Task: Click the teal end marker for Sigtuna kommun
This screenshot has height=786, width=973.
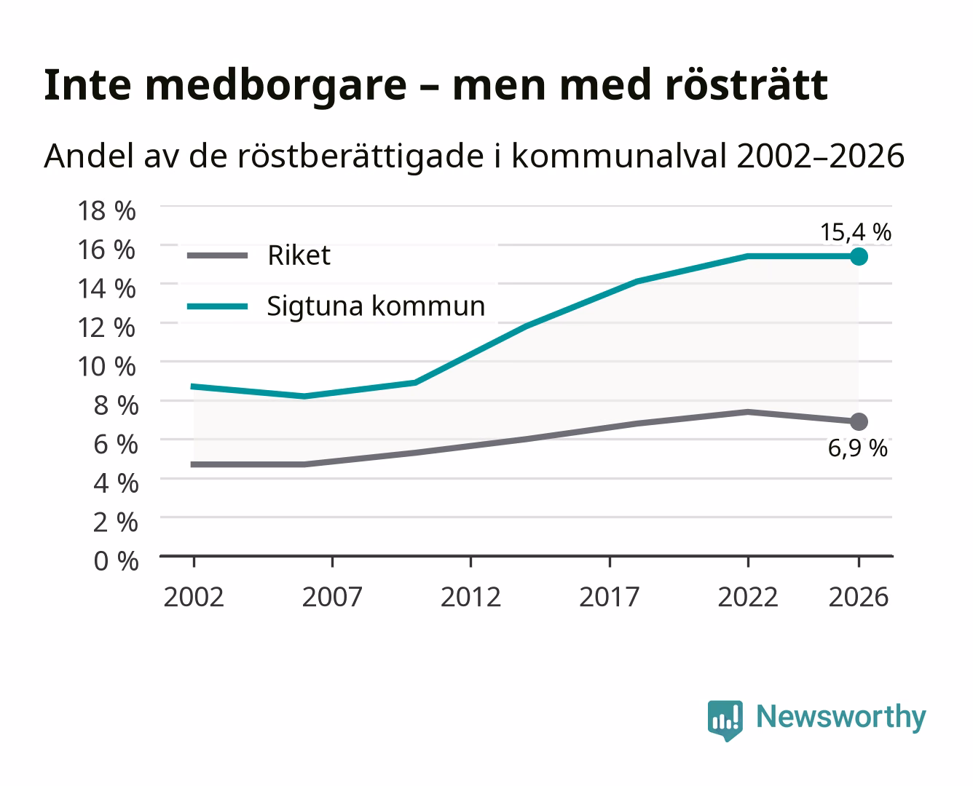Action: point(859,256)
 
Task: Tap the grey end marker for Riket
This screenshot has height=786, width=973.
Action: point(859,422)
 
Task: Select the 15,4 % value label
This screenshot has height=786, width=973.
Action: point(856,232)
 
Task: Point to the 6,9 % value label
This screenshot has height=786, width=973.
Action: point(857,448)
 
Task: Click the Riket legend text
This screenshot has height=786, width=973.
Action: point(299,255)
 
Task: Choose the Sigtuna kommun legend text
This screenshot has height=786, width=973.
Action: point(376,306)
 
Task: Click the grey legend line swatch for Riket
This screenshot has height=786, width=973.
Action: point(218,255)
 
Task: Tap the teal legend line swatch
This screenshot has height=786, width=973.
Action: point(218,306)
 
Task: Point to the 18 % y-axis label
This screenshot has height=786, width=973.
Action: point(107,211)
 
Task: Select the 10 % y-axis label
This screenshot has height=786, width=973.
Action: point(107,367)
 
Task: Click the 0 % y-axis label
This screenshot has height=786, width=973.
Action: point(116,561)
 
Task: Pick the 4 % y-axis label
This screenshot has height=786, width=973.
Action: point(116,483)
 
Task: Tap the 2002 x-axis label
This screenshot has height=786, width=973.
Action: point(194,597)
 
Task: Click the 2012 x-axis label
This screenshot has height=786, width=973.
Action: point(470,597)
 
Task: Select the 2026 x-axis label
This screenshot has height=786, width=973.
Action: point(859,597)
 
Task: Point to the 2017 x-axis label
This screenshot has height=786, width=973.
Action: point(610,597)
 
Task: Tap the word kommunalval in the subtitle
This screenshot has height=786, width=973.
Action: point(619,156)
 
